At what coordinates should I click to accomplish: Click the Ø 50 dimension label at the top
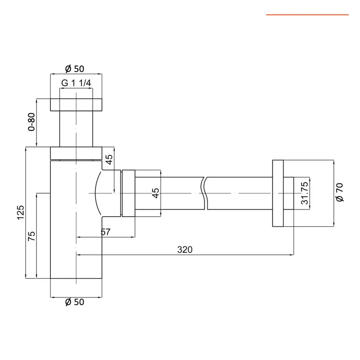click(x=75, y=69)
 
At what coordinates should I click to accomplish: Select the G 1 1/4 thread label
click(x=76, y=83)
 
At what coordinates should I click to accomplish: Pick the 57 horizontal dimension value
click(x=106, y=232)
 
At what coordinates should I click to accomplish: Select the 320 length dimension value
click(x=185, y=250)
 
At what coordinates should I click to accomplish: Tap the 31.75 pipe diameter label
click(x=304, y=193)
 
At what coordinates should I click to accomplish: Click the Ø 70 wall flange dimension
click(x=340, y=193)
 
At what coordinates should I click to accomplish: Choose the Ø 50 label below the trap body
click(x=75, y=302)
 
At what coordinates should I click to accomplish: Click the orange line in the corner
click(x=307, y=15)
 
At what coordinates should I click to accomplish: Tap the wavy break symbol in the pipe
click(x=205, y=193)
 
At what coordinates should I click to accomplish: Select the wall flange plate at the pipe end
click(x=278, y=193)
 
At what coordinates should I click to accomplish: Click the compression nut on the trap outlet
click(x=128, y=194)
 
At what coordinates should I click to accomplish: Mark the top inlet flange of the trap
click(x=76, y=104)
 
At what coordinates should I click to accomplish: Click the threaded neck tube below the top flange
click(x=76, y=129)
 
